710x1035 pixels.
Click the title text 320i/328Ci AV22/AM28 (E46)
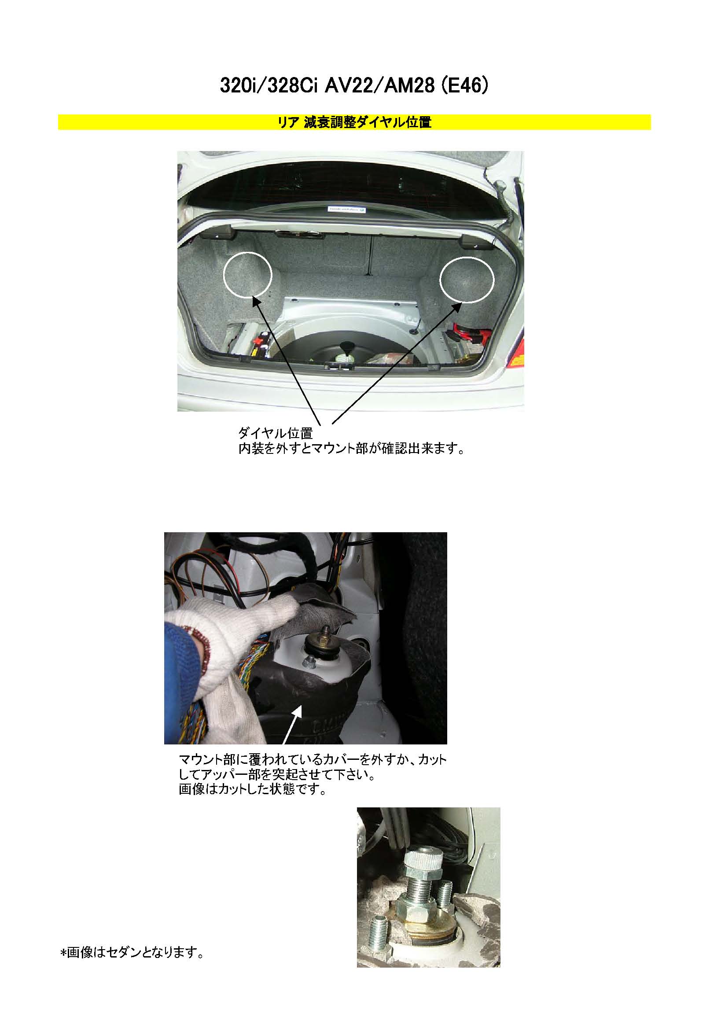pyautogui.click(x=354, y=86)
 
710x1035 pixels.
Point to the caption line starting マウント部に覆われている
pyautogui.click(x=312, y=759)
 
